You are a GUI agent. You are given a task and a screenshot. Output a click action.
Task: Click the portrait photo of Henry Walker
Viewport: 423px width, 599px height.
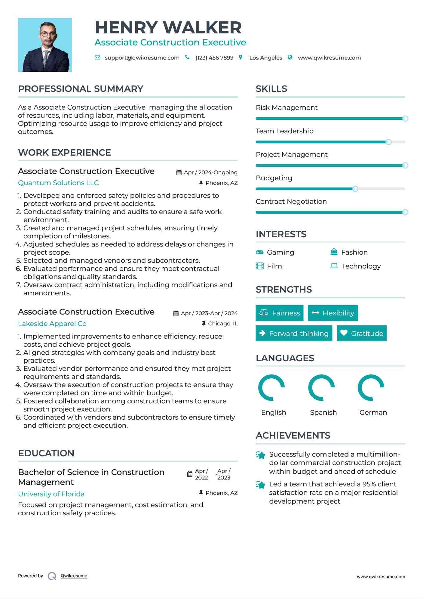[45, 45]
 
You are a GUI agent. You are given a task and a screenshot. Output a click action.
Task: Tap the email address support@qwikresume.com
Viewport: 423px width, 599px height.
[142, 58]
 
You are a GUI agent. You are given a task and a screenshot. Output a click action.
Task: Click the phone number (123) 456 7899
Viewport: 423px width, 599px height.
[214, 58]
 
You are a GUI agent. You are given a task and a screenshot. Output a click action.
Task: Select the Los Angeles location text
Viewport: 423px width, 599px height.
[266, 58]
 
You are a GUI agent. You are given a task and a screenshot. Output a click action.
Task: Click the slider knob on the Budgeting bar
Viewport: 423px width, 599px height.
[355, 189]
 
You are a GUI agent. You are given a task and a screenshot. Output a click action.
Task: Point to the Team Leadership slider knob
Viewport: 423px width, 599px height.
[388, 142]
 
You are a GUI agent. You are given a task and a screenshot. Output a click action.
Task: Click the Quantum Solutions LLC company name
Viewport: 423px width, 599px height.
[58, 183]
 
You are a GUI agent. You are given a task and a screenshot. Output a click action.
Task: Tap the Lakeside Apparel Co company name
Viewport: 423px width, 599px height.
[52, 324]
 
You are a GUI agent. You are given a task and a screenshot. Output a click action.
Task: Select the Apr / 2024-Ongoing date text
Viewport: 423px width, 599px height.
[211, 172]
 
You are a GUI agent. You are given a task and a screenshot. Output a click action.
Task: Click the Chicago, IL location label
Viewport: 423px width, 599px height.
[223, 324]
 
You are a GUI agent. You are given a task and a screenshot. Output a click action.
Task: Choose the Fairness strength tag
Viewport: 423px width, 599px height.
[279, 313]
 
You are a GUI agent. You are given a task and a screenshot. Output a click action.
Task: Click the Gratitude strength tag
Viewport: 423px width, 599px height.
[361, 334]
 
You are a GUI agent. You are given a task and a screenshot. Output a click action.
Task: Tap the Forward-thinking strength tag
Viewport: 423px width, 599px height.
[294, 334]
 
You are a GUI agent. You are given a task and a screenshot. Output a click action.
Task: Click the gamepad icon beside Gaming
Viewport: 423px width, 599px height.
[259, 252]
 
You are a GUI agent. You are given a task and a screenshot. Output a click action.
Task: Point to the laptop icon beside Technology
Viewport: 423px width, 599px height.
[334, 266]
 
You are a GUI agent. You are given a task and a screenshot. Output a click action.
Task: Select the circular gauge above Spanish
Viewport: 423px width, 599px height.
[321, 388]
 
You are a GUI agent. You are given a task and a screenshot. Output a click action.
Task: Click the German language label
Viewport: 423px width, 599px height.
[373, 413]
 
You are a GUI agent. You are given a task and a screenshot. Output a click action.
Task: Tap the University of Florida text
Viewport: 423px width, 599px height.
[51, 494]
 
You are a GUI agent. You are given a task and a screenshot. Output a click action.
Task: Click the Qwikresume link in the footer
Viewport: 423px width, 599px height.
[74, 576]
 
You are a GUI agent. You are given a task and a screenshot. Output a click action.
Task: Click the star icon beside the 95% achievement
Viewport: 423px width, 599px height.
[260, 485]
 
